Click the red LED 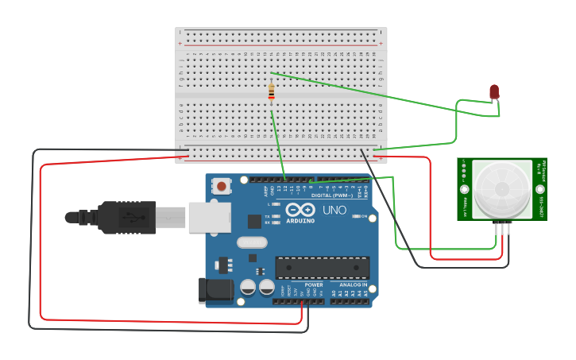coord(494,91)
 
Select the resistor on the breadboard coord(272,93)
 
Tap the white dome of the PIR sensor coord(502,188)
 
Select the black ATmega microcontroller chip coord(322,268)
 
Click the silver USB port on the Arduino coord(209,217)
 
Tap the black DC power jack coord(215,290)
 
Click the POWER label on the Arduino coord(314,285)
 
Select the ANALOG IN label coord(354,285)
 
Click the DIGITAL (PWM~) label coord(333,195)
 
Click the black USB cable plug coord(127,217)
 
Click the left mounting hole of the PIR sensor coord(465,189)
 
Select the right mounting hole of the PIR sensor coord(539,189)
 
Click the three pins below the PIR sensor coord(502,228)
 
